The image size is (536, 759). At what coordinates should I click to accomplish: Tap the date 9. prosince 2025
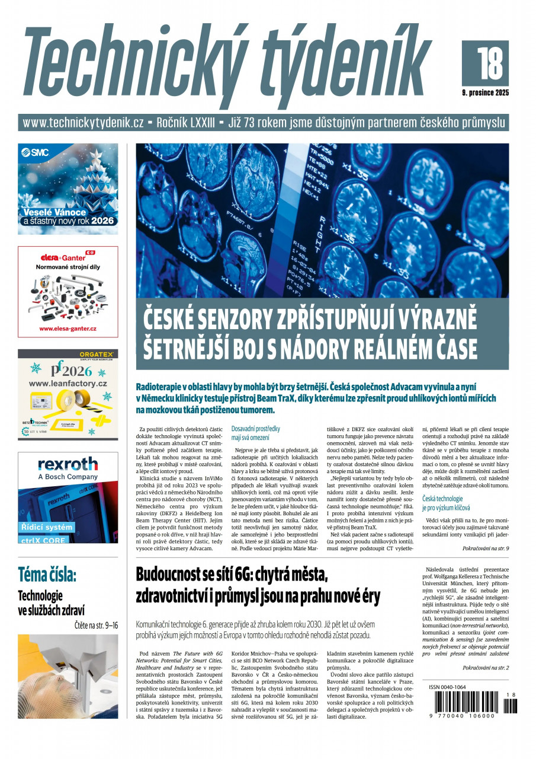click(x=485, y=93)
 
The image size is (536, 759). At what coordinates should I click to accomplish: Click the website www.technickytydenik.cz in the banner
click(x=84, y=123)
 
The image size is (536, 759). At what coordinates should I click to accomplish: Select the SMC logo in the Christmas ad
click(x=36, y=152)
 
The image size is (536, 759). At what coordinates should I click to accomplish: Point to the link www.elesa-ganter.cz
click(x=68, y=329)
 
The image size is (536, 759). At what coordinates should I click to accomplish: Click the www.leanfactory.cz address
click(x=68, y=384)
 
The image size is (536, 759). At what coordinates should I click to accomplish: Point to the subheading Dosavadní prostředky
click(x=256, y=428)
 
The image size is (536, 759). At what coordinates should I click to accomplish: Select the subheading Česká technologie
click(x=442, y=499)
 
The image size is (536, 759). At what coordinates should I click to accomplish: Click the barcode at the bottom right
click(x=468, y=706)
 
